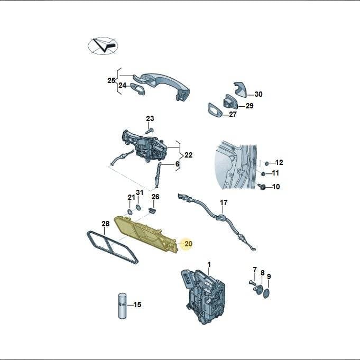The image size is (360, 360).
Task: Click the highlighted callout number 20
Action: [188, 244]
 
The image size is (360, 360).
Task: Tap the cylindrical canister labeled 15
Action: [122, 306]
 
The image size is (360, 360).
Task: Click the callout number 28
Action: [105, 224]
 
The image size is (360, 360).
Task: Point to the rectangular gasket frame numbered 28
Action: [113, 247]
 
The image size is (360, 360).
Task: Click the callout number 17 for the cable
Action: [224, 202]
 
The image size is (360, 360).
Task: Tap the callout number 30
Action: [259, 94]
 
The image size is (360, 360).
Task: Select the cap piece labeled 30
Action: [241, 89]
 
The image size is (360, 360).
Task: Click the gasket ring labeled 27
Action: [215, 110]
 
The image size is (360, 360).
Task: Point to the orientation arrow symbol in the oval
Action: [103, 45]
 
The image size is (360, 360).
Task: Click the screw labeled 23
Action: [149, 131]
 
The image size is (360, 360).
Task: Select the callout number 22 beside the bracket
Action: [188, 155]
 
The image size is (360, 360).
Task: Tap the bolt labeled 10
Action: [261, 187]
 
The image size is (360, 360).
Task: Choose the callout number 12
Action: [279, 162]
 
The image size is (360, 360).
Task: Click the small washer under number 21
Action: [130, 212]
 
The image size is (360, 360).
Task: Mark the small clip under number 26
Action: [152, 210]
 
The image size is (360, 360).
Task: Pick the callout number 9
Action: [269, 276]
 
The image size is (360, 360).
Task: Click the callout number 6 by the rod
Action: [177, 164]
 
